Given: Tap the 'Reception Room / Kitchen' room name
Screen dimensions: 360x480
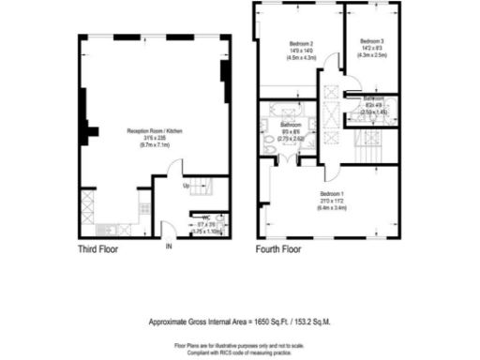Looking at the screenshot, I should pyautogui.click(x=154, y=131).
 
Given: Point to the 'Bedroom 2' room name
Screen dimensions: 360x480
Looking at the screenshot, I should pyautogui.click(x=301, y=43).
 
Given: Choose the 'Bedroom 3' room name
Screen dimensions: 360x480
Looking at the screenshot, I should pyautogui.click(x=371, y=40).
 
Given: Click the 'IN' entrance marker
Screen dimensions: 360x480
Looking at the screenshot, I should pyautogui.click(x=169, y=247).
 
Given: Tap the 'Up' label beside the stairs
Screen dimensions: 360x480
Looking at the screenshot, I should pyautogui.click(x=187, y=186).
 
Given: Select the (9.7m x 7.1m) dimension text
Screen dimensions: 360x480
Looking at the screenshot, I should pyautogui.click(x=154, y=145).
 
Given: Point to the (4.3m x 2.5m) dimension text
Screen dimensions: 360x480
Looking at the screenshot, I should pyautogui.click(x=371, y=55).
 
